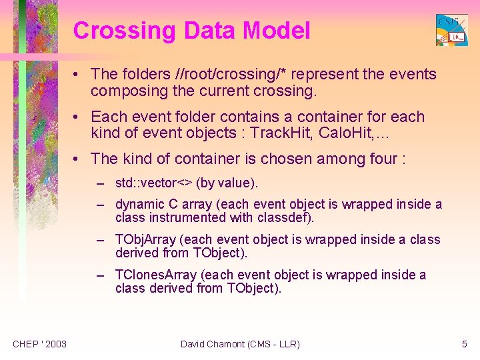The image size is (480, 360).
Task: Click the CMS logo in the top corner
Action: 451,30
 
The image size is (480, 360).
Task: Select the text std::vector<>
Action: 154,183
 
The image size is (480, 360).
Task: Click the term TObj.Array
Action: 146,240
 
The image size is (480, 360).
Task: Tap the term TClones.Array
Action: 156,275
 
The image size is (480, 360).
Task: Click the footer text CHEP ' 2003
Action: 39,344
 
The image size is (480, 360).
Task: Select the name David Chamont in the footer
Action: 212,344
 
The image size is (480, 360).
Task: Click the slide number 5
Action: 465,344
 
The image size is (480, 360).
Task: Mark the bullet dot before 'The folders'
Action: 79,75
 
